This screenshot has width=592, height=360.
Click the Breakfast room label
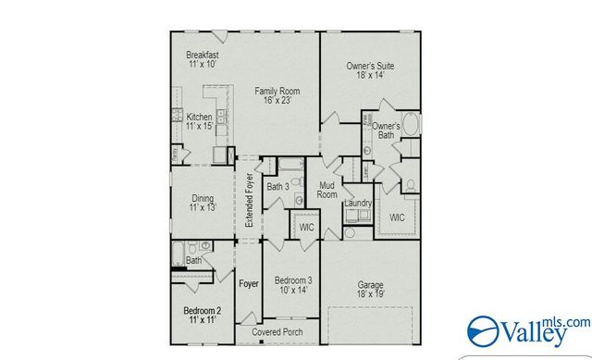[202, 56]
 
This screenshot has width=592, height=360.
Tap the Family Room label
[278, 91]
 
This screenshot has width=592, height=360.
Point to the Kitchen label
[199, 118]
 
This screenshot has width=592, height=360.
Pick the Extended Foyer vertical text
[249, 201]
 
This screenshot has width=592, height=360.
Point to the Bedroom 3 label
[291, 279]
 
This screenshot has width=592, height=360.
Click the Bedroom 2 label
[202, 310]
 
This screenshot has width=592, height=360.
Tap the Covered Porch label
[278, 330]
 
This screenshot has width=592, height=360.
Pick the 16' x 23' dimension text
[278, 103]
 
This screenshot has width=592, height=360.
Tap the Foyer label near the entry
[248, 284]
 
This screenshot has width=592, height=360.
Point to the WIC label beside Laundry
[397, 218]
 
